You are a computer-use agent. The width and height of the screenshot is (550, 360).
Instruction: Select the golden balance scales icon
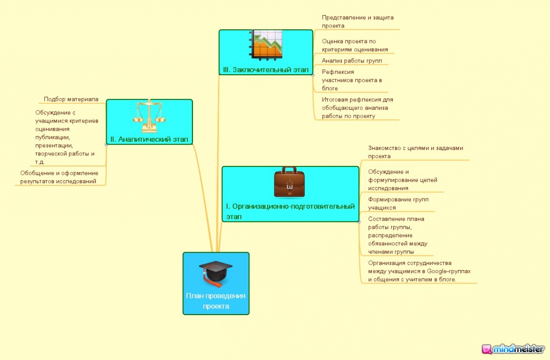click(149, 117)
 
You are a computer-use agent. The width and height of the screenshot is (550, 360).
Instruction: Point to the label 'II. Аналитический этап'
click(149, 139)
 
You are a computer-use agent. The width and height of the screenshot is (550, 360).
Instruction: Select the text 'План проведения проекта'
click(215, 301)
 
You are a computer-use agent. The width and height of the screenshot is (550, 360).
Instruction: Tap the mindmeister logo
click(513, 349)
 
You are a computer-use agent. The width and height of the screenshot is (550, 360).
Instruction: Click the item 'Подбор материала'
click(71, 99)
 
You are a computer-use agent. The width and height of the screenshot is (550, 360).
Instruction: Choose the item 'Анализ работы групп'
click(352, 61)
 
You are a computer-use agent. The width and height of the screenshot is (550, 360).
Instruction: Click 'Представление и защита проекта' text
click(357, 22)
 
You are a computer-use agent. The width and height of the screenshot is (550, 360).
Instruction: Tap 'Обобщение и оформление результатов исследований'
click(59, 177)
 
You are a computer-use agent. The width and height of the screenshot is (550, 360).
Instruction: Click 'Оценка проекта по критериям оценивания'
click(355, 45)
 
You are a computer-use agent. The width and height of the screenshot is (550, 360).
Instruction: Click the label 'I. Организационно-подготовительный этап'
click(290, 211)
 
